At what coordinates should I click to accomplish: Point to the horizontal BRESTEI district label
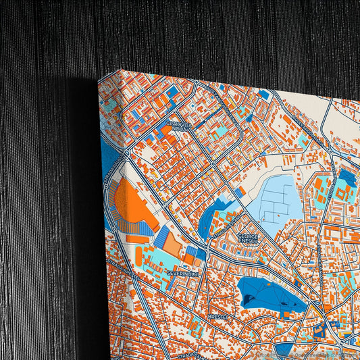pos(218,315)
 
